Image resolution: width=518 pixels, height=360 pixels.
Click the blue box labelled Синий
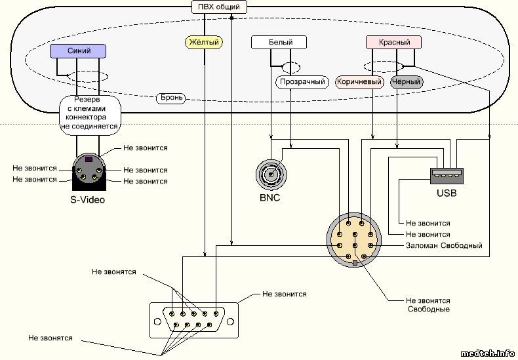(x=79, y=50)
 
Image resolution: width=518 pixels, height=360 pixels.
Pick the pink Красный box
(x=393, y=43)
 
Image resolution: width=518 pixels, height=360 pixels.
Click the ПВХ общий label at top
(x=220, y=7)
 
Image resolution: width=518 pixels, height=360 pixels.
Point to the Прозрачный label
(x=302, y=82)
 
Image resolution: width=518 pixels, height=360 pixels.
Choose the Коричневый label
(x=359, y=82)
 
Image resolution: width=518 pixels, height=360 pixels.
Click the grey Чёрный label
(x=406, y=82)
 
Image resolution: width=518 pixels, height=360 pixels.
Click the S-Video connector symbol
(x=89, y=170)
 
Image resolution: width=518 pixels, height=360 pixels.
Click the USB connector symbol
(x=447, y=175)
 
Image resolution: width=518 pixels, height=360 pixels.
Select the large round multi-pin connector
(x=354, y=239)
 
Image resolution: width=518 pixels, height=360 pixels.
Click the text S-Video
(x=88, y=200)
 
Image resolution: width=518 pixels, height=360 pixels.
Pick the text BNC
(x=269, y=198)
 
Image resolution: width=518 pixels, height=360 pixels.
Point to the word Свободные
(x=428, y=309)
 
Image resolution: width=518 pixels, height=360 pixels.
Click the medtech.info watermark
(x=488, y=353)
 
